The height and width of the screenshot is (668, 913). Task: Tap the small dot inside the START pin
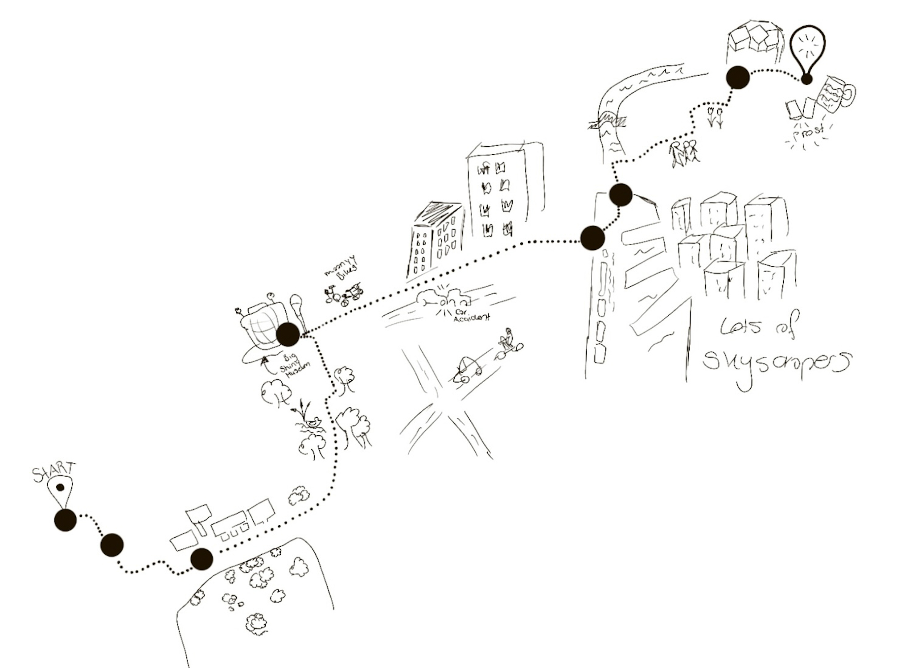tap(60, 487)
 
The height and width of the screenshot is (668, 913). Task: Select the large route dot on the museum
tap(288, 335)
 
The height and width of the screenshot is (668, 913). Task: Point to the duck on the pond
tap(315, 421)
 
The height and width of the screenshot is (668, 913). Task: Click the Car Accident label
tap(471, 316)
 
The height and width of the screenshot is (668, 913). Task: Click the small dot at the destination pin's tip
tap(806, 80)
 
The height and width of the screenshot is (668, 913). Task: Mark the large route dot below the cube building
tap(737, 77)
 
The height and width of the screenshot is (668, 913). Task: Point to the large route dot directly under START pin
tap(65, 520)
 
